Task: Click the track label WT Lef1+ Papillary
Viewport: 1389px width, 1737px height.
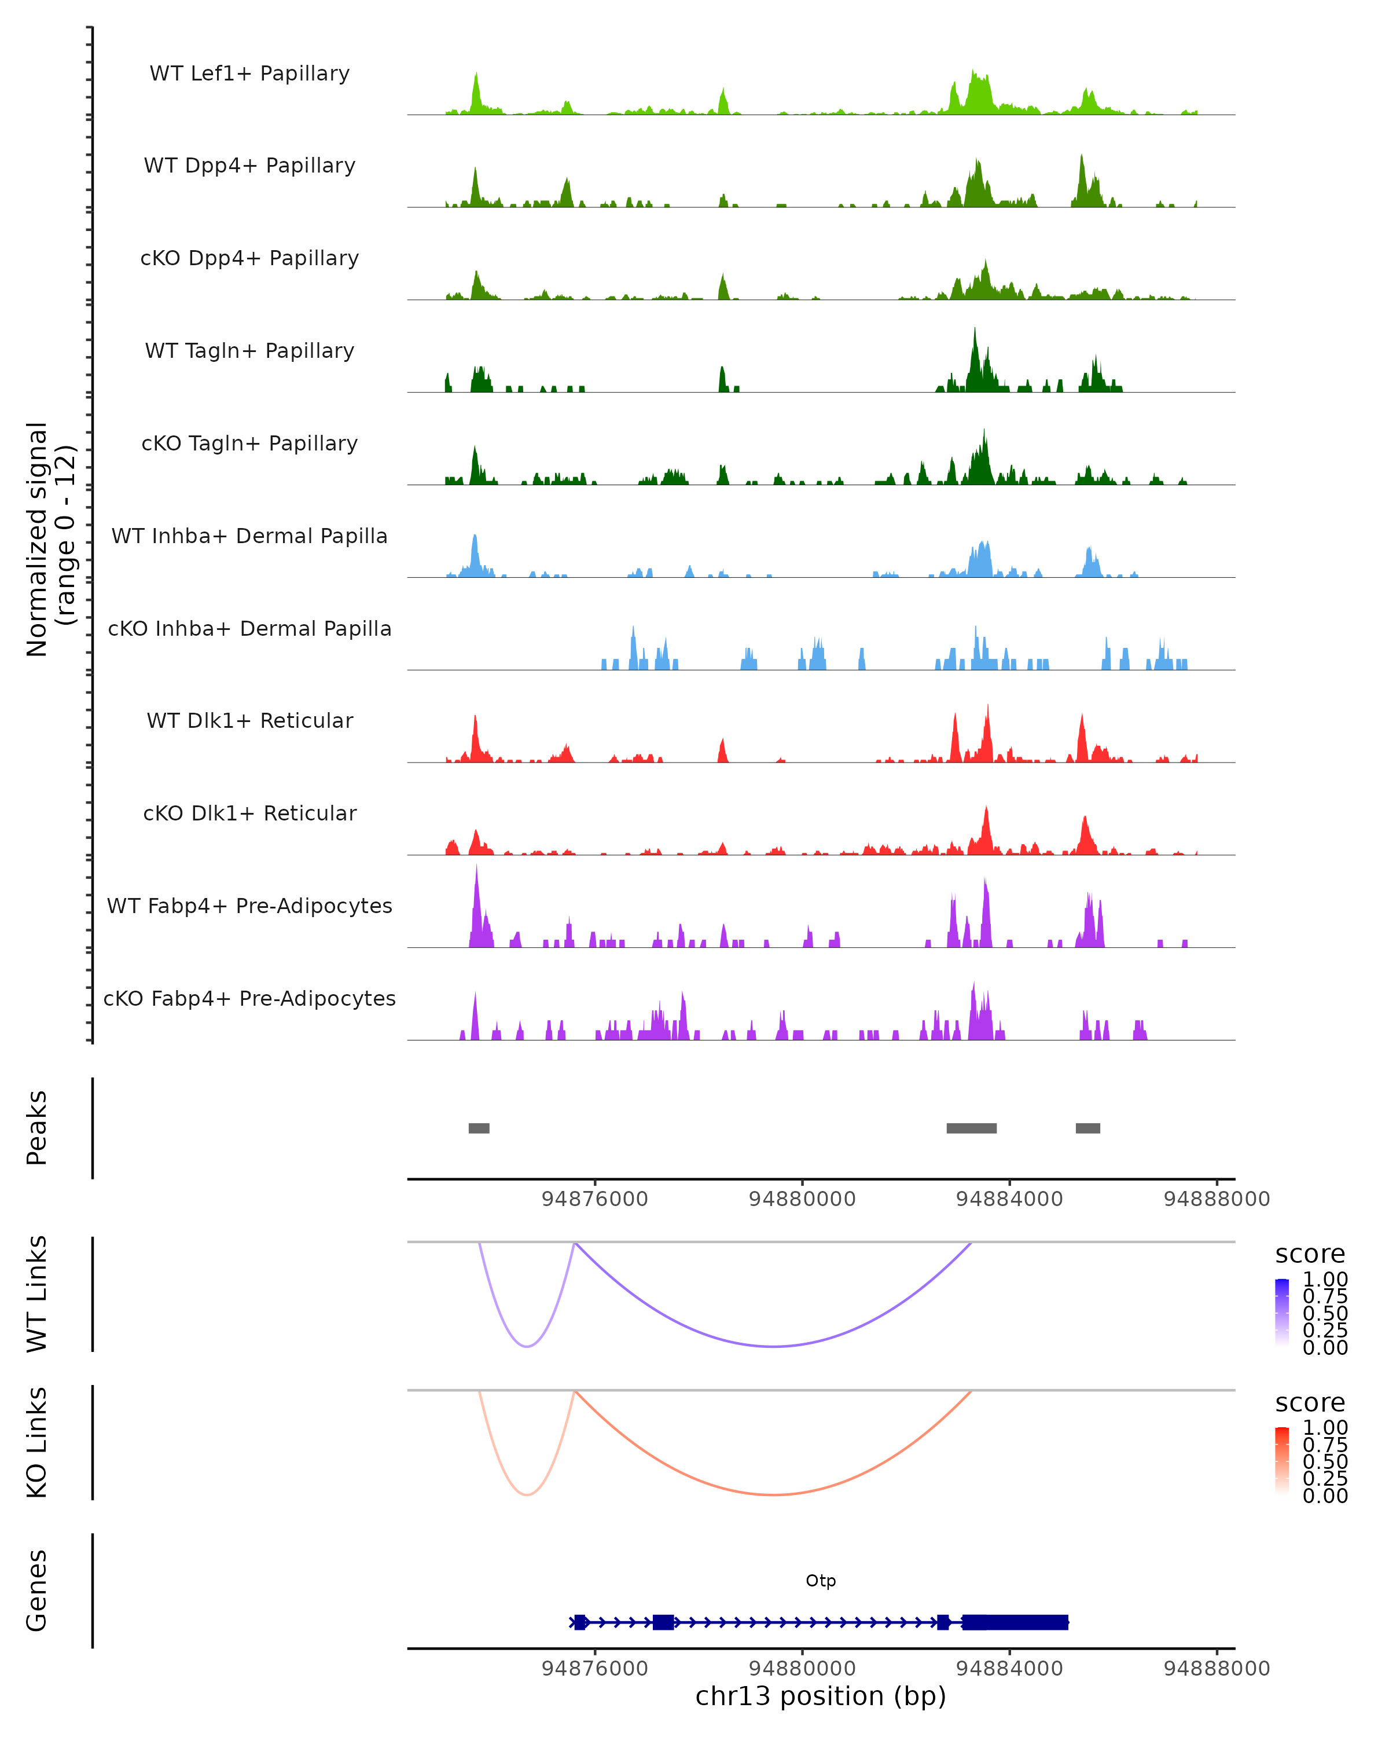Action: point(249,74)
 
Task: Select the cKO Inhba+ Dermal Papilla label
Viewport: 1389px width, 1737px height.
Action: point(249,628)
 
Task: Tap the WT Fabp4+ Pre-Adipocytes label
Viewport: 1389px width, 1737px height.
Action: point(249,906)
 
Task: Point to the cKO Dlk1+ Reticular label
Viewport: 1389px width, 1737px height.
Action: point(249,813)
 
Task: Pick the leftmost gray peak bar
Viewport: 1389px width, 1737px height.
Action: point(479,1128)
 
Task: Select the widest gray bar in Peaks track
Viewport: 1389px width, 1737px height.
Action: point(971,1128)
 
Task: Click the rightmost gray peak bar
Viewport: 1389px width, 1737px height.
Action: point(1088,1128)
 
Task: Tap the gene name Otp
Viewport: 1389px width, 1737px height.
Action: point(821,1581)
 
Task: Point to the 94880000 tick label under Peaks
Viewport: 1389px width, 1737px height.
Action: point(802,1199)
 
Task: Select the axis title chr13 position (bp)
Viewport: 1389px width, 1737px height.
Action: point(821,1696)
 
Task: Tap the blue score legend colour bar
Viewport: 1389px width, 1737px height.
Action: point(1282,1311)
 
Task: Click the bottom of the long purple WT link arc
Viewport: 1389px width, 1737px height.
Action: point(773,1346)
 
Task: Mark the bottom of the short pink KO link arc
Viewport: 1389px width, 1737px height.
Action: point(527,1494)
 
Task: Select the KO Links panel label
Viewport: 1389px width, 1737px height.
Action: point(37,1442)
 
